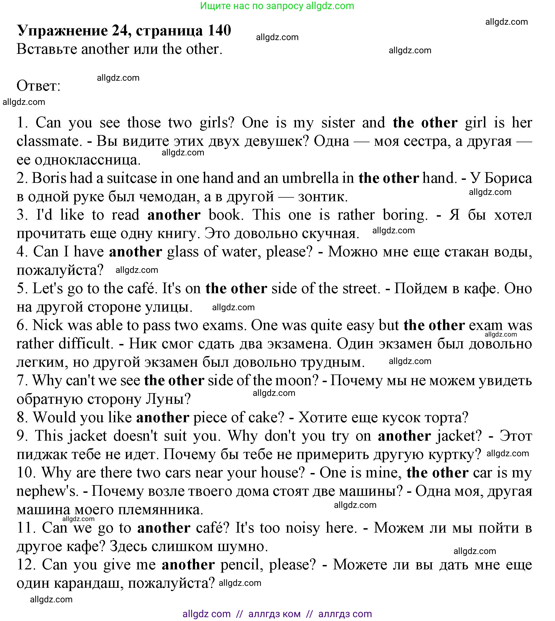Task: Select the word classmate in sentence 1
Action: pos(49,141)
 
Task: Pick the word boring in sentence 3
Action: pos(405,215)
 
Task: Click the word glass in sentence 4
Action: pos(183,252)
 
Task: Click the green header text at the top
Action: pos(277,6)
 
